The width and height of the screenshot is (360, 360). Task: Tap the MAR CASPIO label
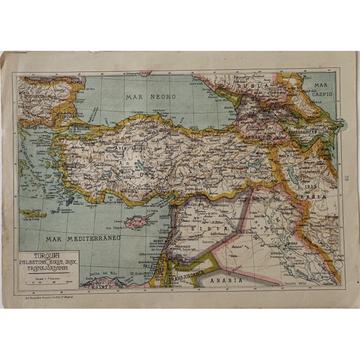click(x=320, y=90)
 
